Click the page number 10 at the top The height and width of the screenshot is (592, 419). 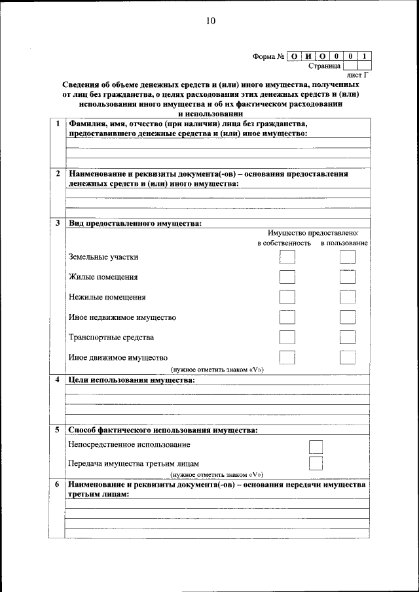(209, 21)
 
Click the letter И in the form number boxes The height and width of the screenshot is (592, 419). (308, 56)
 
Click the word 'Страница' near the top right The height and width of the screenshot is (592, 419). (324, 66)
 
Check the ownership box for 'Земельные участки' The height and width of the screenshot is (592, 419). (287, 257)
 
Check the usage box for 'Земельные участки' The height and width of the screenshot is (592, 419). (347, 257)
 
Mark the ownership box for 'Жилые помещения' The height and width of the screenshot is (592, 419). (287, 277)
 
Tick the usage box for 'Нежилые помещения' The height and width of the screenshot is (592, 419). (347, 298)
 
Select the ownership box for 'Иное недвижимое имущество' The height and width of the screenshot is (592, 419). (287, 318)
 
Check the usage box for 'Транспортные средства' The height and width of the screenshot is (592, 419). (347, 338)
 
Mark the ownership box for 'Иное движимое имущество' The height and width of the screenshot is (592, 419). (287, 358)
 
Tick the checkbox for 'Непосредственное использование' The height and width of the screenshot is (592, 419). (316, 446)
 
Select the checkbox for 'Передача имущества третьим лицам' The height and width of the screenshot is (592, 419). (316, 463)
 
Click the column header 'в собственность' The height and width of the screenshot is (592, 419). (283, 243)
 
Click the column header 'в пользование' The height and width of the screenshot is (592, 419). (344, 243)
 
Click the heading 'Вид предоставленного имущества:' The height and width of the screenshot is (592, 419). (135, 223)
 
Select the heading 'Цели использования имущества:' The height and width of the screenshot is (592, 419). (132, 380)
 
